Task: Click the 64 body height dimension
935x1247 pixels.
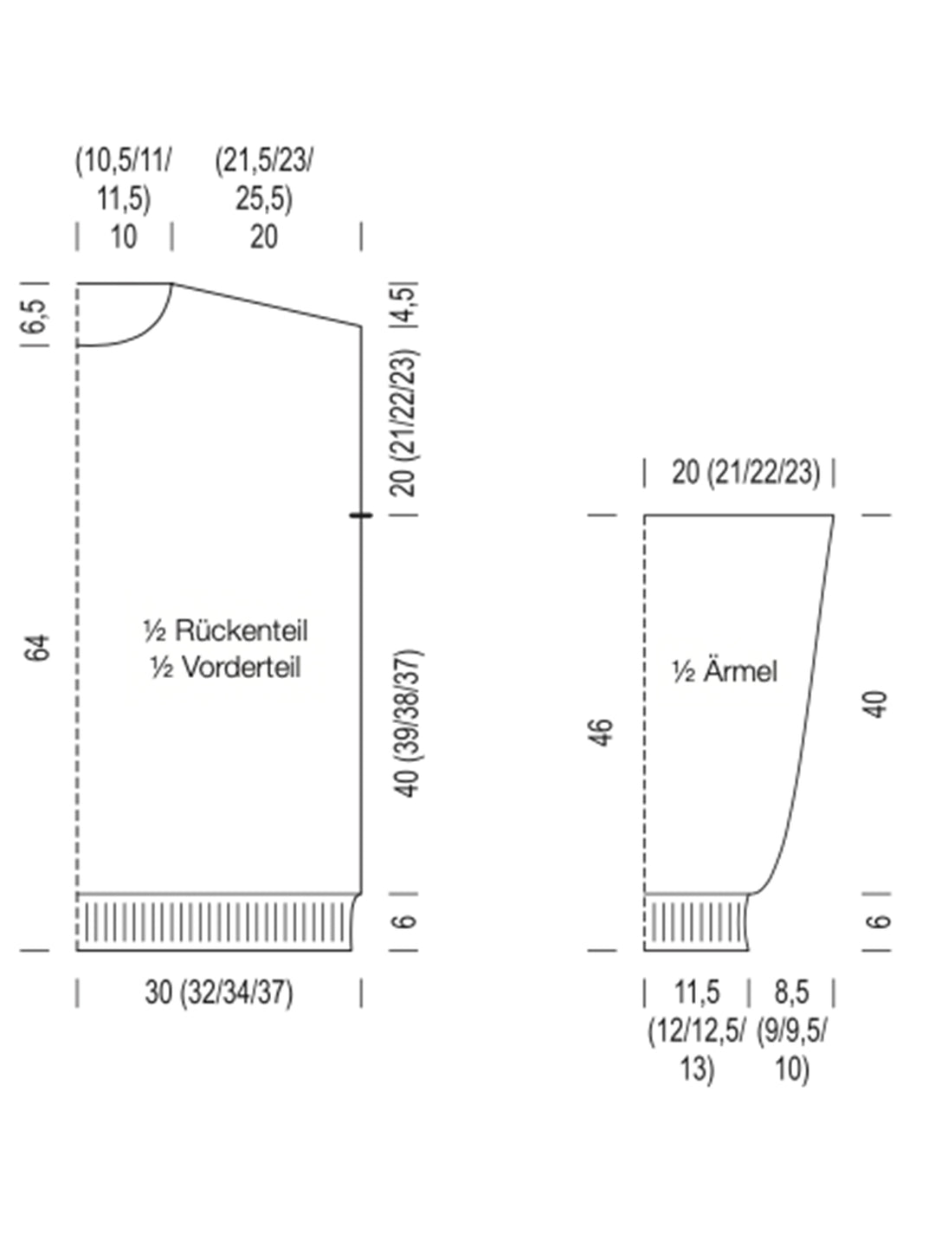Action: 37,648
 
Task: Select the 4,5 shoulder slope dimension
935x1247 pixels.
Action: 408,305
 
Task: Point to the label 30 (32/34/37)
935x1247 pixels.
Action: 219,992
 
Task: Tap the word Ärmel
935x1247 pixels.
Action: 740,671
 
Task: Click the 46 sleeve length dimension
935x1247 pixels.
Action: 603,733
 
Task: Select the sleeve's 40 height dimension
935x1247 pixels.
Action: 877,704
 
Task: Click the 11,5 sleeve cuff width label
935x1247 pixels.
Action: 697,992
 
